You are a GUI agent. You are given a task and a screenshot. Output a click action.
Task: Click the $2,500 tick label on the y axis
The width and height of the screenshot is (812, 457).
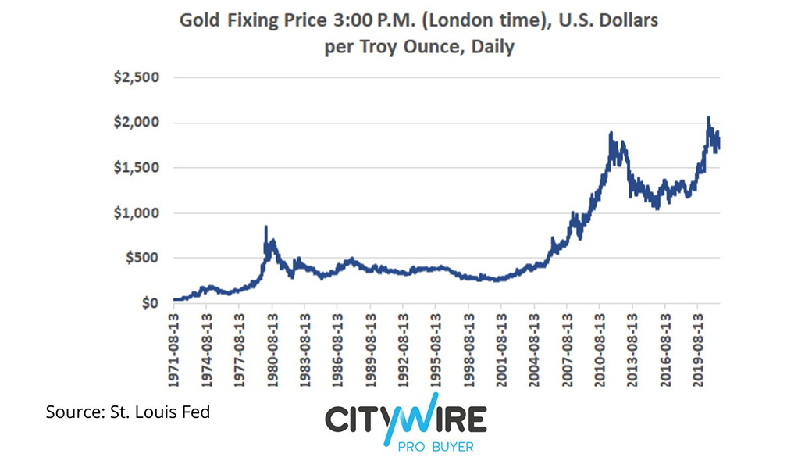[137, 78]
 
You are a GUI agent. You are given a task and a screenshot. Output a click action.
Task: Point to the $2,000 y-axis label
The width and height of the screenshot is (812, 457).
[137, 123]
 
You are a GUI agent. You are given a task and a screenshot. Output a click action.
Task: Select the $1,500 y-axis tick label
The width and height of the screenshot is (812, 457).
[137, 168]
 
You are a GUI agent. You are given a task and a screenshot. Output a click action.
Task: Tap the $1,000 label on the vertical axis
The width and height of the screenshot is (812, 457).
[137, 213]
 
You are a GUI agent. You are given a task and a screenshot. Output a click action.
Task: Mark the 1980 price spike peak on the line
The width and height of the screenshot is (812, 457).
[266, 227]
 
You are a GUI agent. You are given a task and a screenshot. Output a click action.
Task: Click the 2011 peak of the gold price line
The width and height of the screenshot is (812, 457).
[611, 134]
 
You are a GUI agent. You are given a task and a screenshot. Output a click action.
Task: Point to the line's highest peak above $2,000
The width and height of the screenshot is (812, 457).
[708, 118]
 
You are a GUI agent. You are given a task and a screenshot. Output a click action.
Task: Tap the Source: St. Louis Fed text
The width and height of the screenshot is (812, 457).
[128, 411]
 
